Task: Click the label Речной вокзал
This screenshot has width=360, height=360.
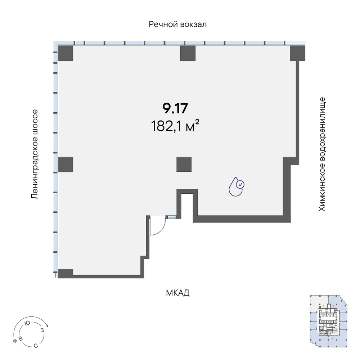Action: pyautogui.click(x=177, y=24)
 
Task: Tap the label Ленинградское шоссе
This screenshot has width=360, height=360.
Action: pyautogui.click(x=34, y=154)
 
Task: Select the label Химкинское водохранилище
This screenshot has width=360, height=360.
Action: pyautogui.click(x=322, y=154)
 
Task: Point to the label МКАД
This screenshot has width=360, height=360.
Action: pyautogui.click(x=177, y=293)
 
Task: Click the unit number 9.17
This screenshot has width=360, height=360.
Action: pyautogui.click(x=175, y=108)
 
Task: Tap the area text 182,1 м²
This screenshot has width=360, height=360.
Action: pyautogui.click(x=175, y=126)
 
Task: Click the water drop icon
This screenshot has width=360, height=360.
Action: pyautogui.click(x=236, y=186)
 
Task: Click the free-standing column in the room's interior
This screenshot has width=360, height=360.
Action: pyautogui.click(x=184, y=165)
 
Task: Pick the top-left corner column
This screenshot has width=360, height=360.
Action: pyautogui.click(x=66, y=53)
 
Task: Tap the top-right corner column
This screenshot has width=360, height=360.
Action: pyautogui.click(x=297, y=53)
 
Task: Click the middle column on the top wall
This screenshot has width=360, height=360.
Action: pyautogui.click(x=188, y=53)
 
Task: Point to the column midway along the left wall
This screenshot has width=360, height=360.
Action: pyautogui.click(x=66, y=165)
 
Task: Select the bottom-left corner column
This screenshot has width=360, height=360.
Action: pyautogui.click(x=66, y=273)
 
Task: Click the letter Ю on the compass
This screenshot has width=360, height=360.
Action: pyautogui.click(x=27, y=323)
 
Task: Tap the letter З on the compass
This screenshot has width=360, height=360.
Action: pyautogui.click(x=42, y=330)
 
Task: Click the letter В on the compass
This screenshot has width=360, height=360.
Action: pyautogui.click(x=21, y=338)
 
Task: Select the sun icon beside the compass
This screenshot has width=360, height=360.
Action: pyautogui.click(x=15, y=341)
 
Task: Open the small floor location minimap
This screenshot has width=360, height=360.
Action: pyautogui.click(x=329, y=321)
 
